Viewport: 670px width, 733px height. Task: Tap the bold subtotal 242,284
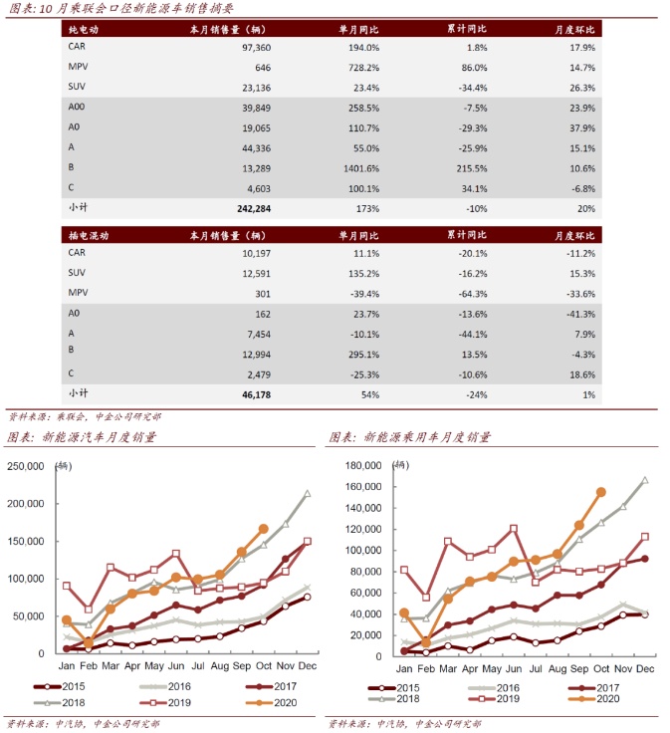250,208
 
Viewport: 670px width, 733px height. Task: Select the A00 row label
77,107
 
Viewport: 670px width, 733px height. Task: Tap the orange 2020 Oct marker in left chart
263,529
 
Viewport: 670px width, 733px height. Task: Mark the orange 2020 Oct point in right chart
600,492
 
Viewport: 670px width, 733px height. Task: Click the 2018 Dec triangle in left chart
307,493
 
